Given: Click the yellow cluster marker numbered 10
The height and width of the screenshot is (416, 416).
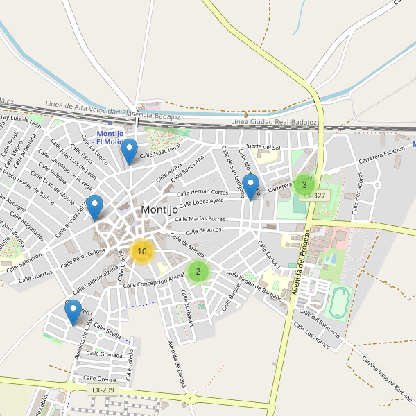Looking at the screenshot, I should tap(142, 251).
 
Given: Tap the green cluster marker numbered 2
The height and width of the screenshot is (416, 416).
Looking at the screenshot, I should tap(198, 271).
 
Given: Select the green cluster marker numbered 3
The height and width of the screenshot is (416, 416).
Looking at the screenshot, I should tap(304, 184).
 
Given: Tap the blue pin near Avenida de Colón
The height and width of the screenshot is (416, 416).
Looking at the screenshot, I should tap(73, 313).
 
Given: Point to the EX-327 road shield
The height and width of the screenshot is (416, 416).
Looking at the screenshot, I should tap(314, 196).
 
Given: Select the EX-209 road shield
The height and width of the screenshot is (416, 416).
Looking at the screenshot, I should tap(104, 390).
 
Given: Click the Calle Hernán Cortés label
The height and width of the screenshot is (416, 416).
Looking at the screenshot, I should tap(202, 193).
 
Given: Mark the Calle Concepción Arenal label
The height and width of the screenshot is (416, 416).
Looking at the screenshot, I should tap(154, 280).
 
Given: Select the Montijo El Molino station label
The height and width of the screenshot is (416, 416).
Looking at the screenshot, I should tap(111, 137).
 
